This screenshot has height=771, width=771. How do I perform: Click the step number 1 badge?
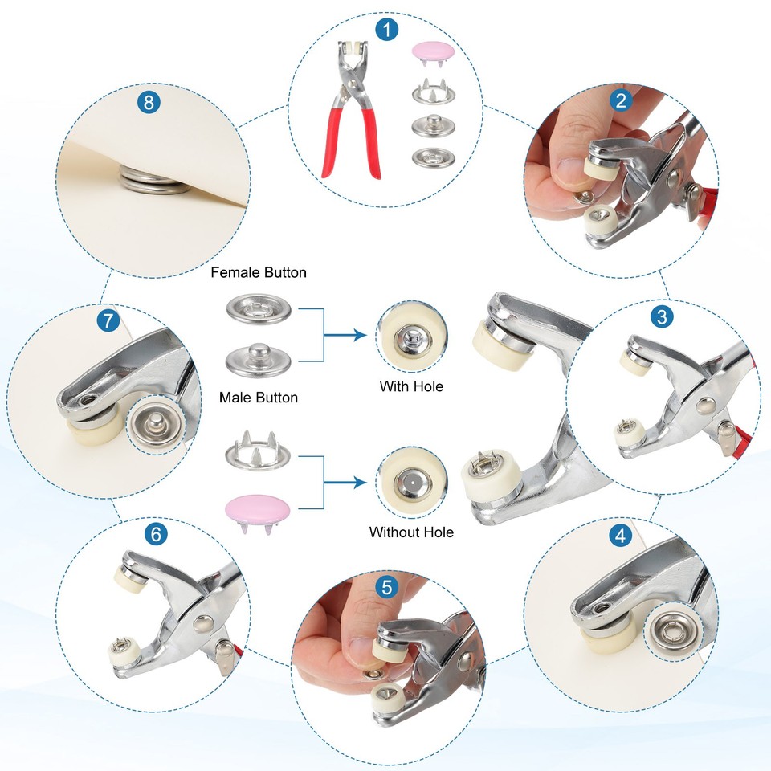click(x=386, y=30)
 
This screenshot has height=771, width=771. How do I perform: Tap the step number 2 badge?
click(x=621, y=100)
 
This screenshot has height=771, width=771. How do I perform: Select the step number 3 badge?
click(x=662, y=316)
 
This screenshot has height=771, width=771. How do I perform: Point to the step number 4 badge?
click(x=620, y=535)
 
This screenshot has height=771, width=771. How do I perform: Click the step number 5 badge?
click(x=386, y=587)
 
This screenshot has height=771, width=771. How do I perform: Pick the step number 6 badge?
click(x=156, y=533)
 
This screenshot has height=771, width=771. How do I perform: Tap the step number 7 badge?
click(x=108, y=320)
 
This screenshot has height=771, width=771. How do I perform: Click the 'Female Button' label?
click(x=259, y=272)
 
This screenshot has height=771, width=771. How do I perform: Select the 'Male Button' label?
click(x=259, y=398)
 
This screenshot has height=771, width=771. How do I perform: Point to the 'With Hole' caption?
click(x=411, y=386)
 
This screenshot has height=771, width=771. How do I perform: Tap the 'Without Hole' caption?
click(x=411, y=532)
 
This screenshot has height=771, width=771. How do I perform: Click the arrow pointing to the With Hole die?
click(x=345, y=336)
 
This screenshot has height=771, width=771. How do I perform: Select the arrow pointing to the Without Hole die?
click(x=345, y=483)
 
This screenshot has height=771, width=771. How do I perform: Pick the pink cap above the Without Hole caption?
click(x=258, y=512)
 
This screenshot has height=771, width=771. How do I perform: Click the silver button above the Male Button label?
click(x=259, y=359)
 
